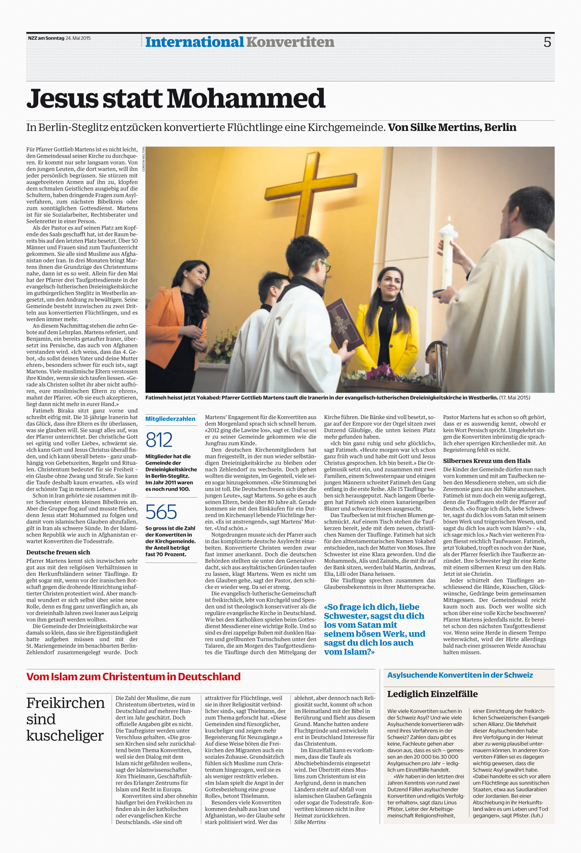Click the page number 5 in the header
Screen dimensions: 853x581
pos(547,42)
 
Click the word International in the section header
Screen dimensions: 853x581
pos(194,42)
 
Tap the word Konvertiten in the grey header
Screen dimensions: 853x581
pos(290,42)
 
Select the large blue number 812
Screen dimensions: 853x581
pos(159,440)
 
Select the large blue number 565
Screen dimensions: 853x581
pos(161,512)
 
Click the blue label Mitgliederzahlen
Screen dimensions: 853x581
pos(170,419)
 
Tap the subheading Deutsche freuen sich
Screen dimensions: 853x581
pos(58,552)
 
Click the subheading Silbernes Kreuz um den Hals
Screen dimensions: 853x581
pos(486,461)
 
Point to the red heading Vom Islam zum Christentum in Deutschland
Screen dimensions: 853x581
pos(133,677)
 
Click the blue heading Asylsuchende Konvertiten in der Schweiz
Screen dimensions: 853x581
pos(460,675)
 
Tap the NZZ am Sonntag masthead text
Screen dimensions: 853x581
pos(46,38)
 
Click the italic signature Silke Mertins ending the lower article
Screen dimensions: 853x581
pos(310,822)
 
